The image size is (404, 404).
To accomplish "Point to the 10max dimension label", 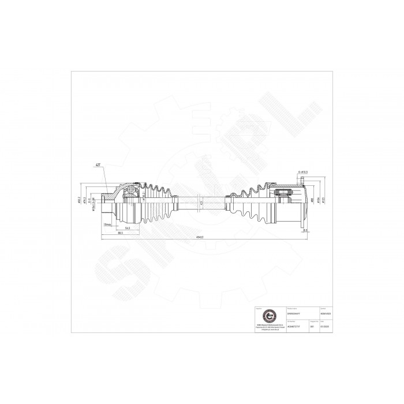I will (106, 224).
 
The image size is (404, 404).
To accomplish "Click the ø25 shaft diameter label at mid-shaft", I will (200, 203).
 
